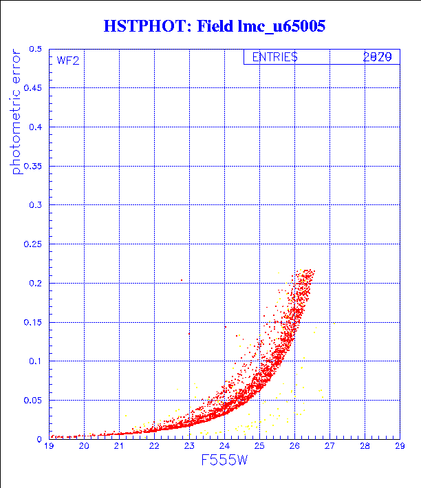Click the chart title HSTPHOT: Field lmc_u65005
coord(214,27)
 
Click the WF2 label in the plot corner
coord(68,61)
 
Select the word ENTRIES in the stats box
coord(274,58)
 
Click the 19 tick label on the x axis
coord(49,447)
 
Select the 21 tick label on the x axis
coord(119,447)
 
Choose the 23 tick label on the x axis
coord(189,447)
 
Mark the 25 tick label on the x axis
coord(259,447)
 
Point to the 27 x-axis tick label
coord(330,447)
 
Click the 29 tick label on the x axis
coord(399,447)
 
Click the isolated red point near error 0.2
coord(182,280)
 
